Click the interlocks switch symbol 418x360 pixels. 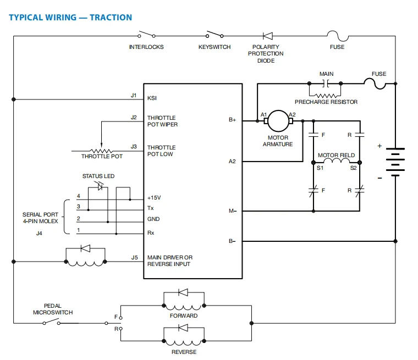[147, 35]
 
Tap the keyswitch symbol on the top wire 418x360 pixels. [215, 35]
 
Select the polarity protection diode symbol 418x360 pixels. [268, 36]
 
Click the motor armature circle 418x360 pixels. [278, 121]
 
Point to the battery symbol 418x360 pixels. [395, 162]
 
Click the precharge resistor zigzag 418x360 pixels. [326, 96]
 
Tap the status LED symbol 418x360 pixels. [100, 186]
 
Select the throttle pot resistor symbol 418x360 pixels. [102, 151]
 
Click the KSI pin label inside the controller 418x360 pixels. [152, 98]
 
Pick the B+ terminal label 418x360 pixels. [232, 120]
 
